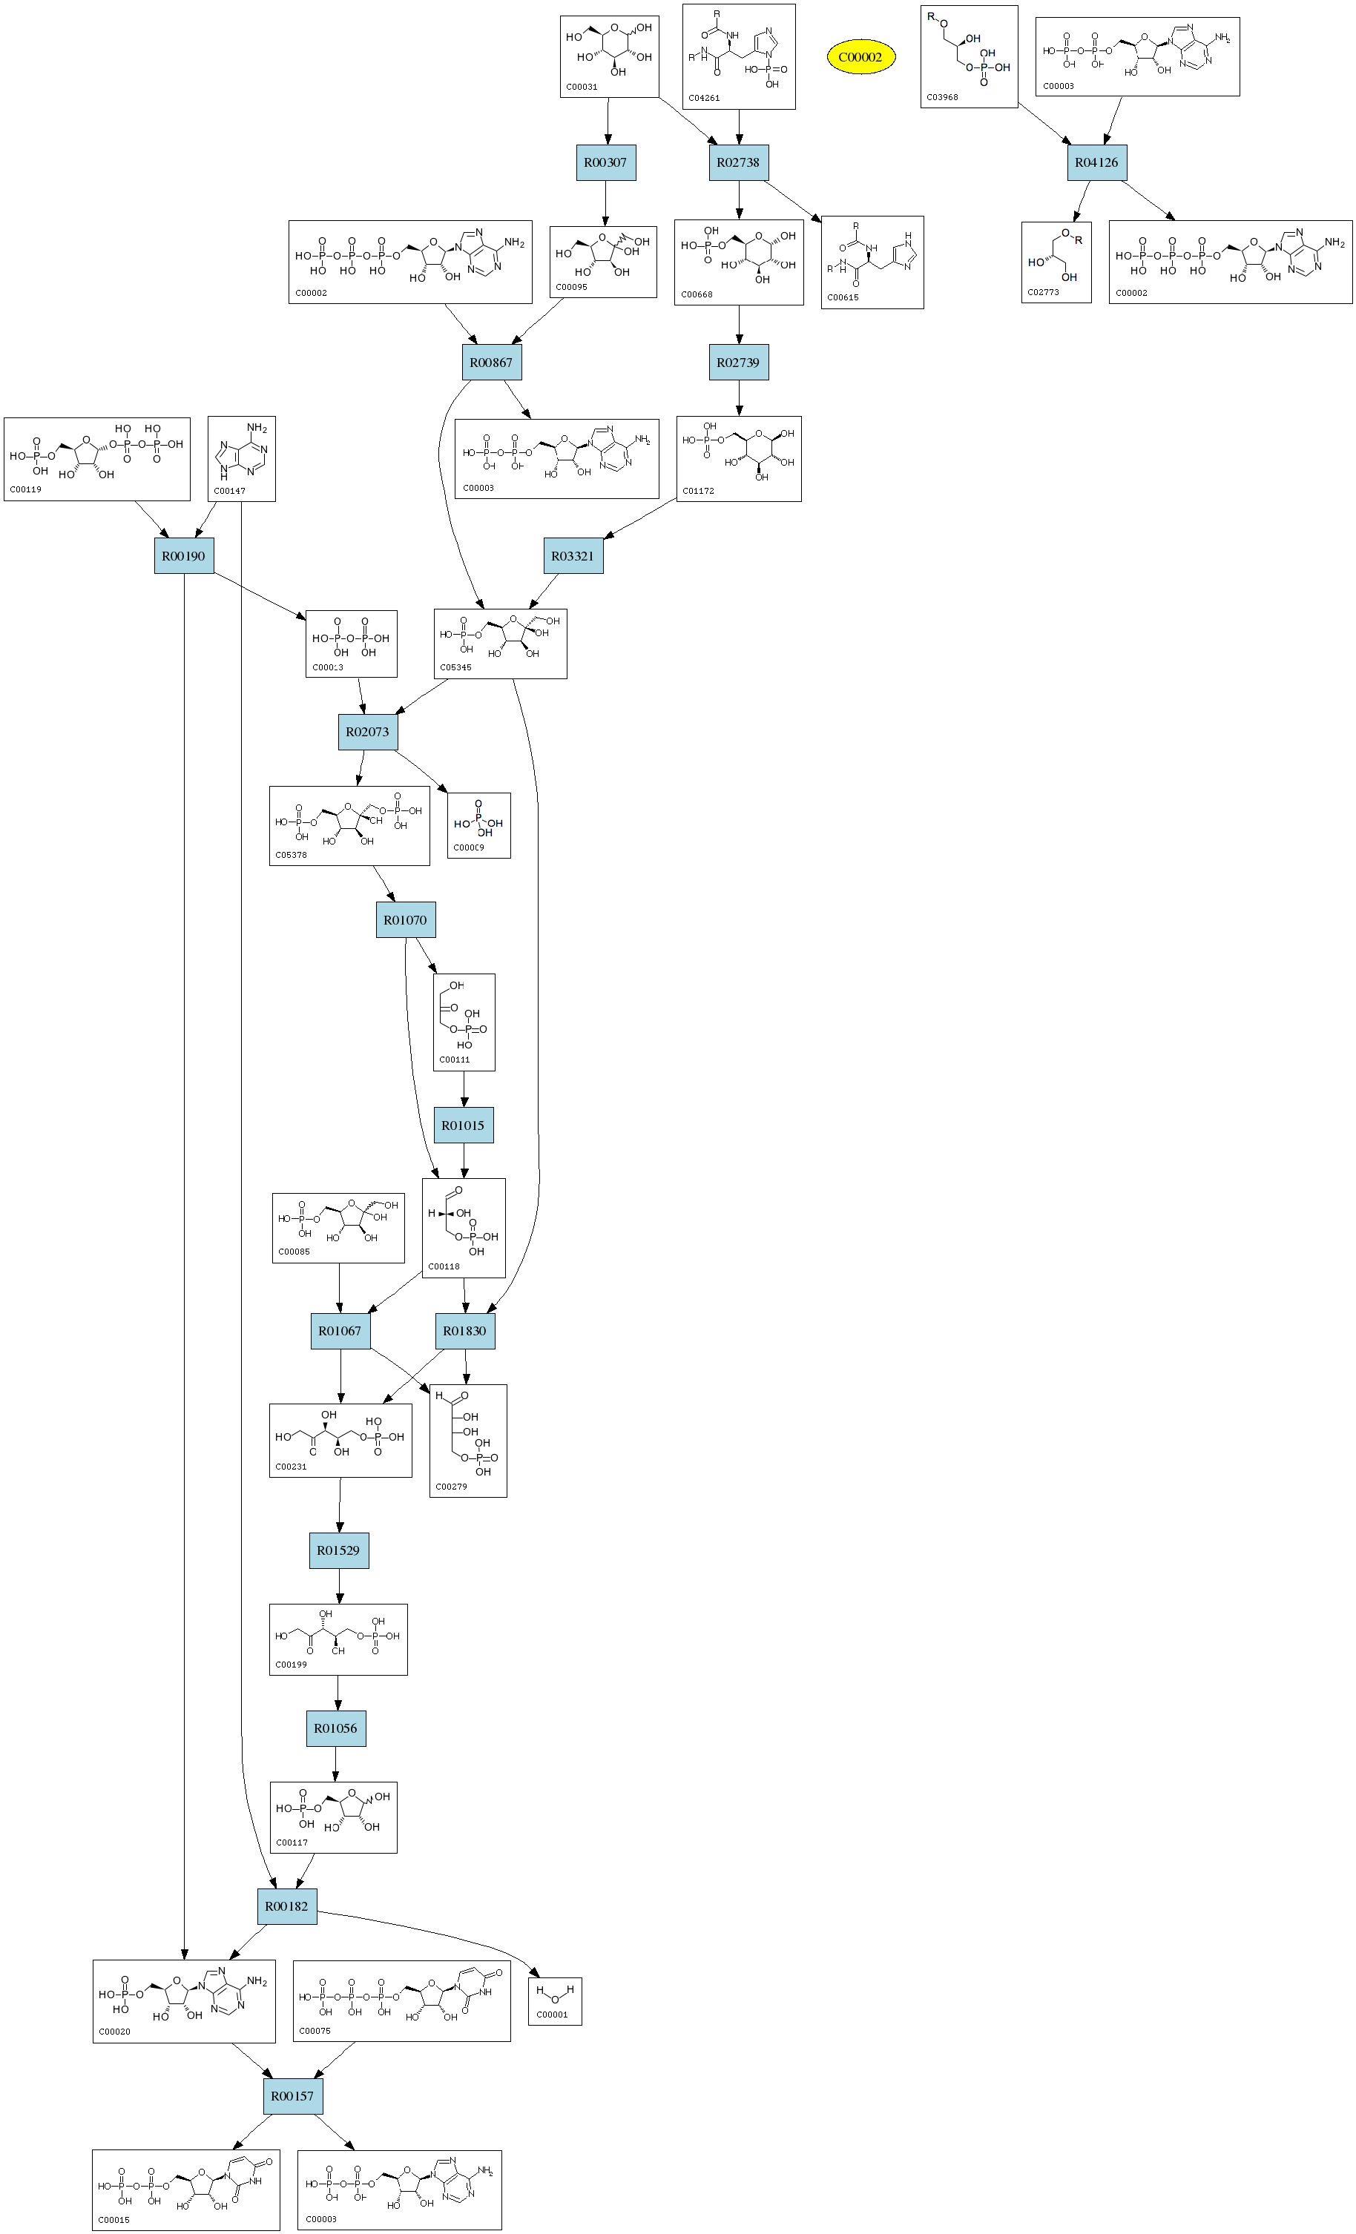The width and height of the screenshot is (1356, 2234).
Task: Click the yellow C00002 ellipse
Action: (860, 57)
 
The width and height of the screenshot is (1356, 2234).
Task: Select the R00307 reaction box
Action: (605, 163)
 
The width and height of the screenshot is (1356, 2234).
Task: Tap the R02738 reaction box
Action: (738, 163)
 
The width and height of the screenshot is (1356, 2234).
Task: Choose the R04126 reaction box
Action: (1096, 163)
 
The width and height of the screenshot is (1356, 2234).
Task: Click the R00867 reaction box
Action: (491, 363)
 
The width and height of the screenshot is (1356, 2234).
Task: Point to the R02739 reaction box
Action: (738, 363)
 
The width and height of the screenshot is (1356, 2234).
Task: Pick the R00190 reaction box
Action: (184, 556)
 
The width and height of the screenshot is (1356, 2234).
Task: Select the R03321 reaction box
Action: (573, 556)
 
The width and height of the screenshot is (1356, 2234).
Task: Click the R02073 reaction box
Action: (367, 732)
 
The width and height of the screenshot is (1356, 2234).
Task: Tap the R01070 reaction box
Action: (406, 920)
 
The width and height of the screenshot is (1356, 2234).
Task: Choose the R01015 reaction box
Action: (464, 1126)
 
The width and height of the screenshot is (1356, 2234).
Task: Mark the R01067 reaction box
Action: (340, 1331)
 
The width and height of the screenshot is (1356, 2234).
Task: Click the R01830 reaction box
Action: (464, 1331)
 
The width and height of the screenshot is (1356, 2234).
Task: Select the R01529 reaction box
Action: (338, 1550)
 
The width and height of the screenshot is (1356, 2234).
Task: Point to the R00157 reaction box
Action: (292, 2096)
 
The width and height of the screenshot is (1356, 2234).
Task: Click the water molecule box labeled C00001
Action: (554, 2001)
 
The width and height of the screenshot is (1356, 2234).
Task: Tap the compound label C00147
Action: (229, 492)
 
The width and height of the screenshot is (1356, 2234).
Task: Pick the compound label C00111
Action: (455, 1060)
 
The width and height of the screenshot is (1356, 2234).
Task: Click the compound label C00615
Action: (843, 297)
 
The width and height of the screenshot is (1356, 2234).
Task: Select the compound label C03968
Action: (942, 97)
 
